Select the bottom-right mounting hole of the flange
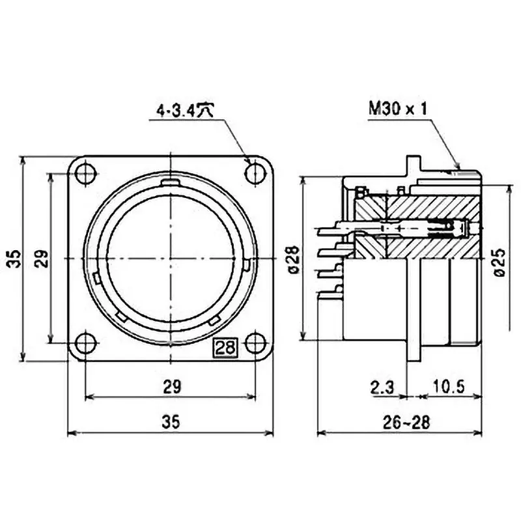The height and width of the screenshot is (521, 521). click(254, 343)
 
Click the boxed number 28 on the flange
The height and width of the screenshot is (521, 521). click(226, 347)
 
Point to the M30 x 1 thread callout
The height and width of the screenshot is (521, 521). click(397, 108)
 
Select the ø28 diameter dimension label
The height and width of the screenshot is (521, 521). click(291, 259)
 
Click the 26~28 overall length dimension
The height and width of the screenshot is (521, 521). click(406, 422)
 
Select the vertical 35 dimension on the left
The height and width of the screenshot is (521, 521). click(13, 259)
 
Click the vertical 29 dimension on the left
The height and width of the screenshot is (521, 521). click(40, 259)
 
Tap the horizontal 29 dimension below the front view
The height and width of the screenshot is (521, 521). click(171, 386)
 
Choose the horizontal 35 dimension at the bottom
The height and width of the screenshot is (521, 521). click(171, 422)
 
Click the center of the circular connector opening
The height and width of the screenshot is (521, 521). click(170, 258)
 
